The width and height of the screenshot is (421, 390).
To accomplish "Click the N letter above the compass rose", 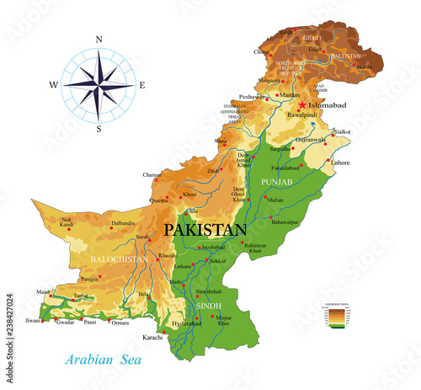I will [x=99, y=40].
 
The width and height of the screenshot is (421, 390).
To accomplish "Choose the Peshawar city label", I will [x=250, y=98].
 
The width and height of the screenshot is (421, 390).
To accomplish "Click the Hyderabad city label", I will [x=187, y=323].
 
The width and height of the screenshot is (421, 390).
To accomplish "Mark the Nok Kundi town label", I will [x=67, y=225].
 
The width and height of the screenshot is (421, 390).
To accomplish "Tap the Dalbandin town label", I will [x=124, y=222].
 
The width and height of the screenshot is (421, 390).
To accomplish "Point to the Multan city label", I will [x=274, y=201].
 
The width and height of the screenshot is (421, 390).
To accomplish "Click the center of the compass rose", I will [x=99, y=84].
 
